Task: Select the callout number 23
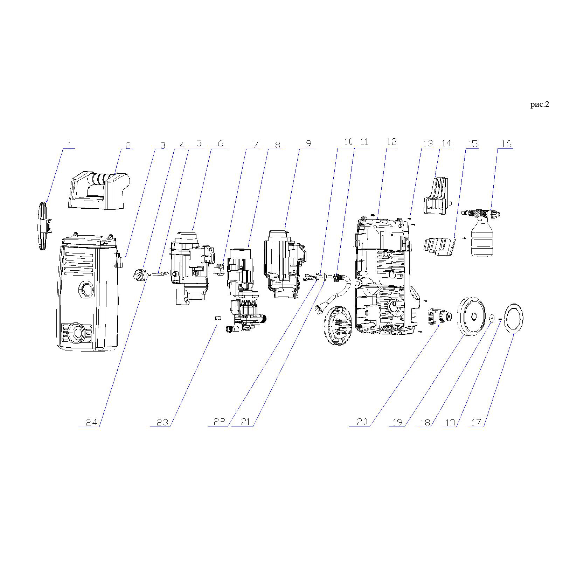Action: pos(162,422)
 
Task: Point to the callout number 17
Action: pos(476,422)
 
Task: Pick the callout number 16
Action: pos(506,144)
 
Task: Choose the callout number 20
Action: pos(362,422)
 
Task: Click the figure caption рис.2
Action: pos(540,104)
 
